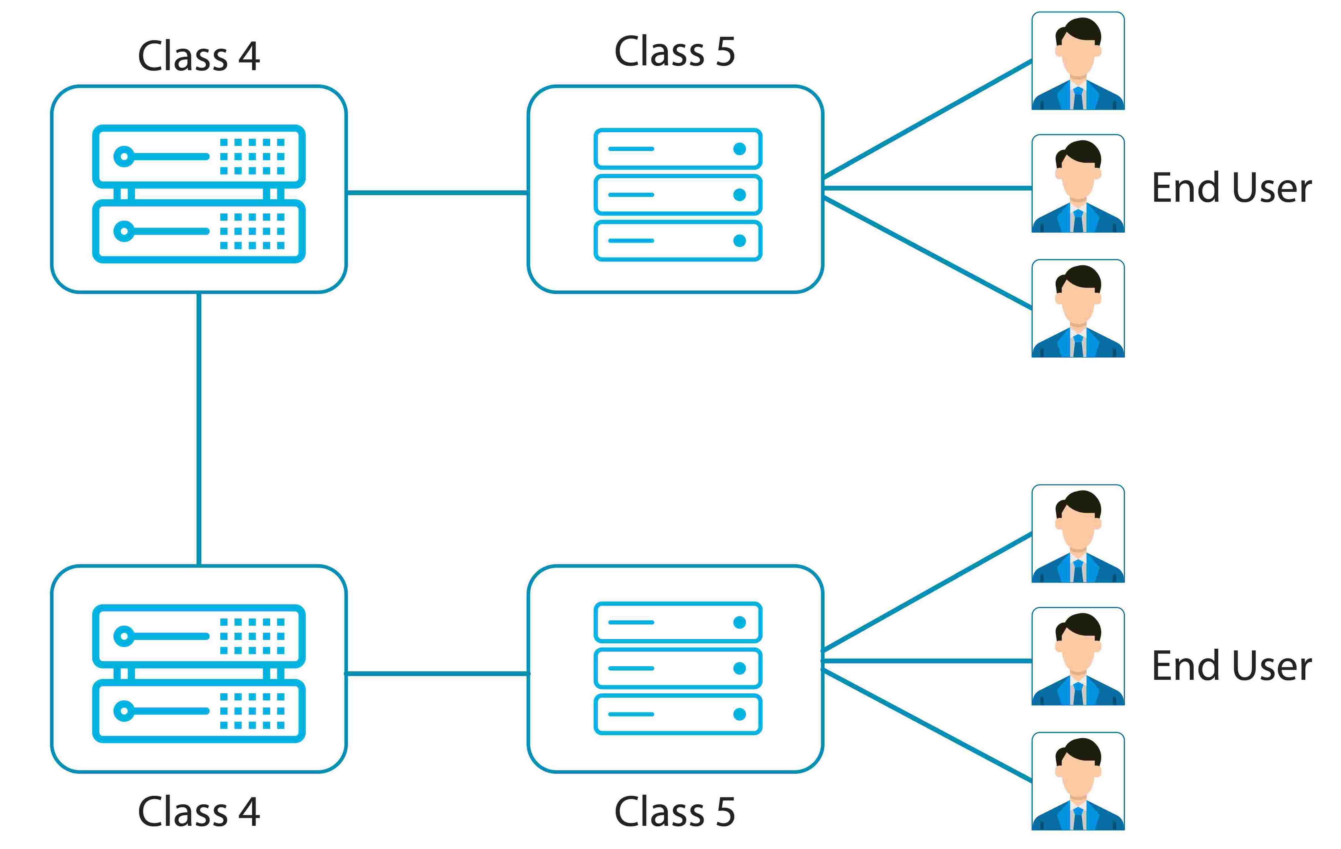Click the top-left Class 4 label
pyautogui.click(x=199, y=56)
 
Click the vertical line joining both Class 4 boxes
pyautogui.click(x=199, y=429)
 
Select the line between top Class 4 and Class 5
pyautogui.click(x=437, y=193)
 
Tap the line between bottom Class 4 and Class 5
pyautogui.click(x=437, y=674)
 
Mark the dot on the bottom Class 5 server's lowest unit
pyautogui.click(x=740, y=714)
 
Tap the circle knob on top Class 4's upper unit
pyautogui.click(x=124, y=156)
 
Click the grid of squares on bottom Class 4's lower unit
pyautogui.click(x=252, y=711)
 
